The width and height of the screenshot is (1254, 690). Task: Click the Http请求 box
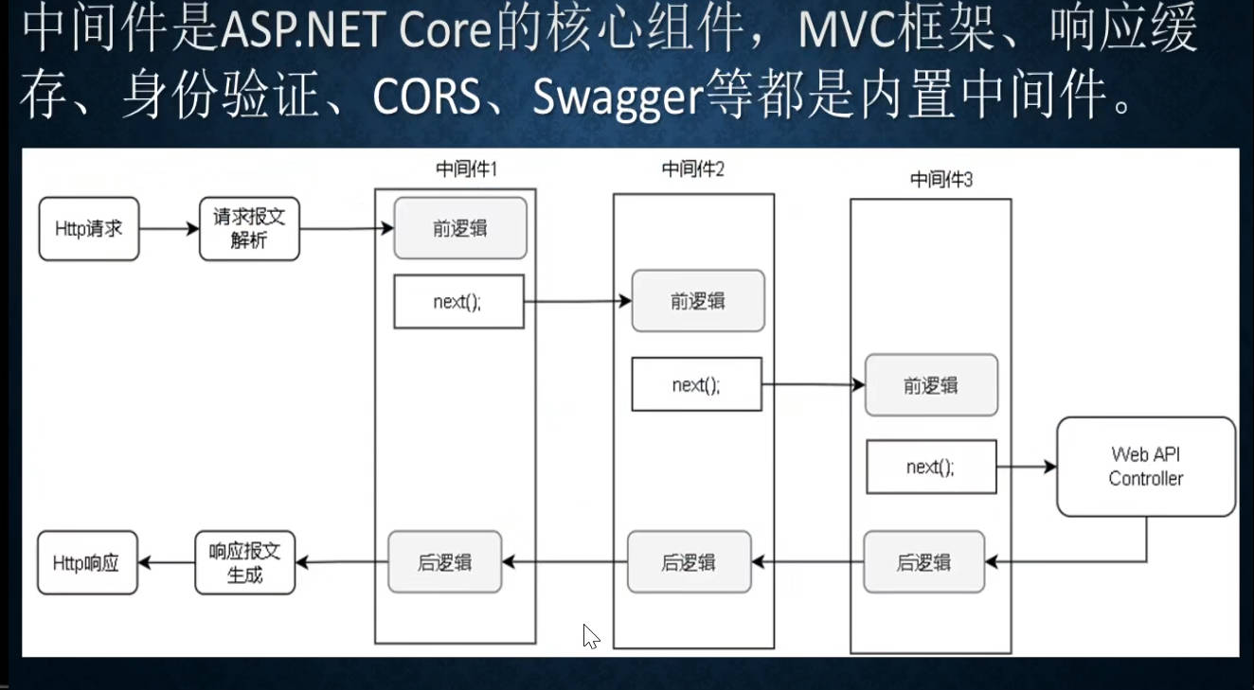(x=89, y=229)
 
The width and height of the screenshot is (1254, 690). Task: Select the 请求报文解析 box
(x=249, y=229)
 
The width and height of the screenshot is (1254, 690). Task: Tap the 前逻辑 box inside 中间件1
(x=460, y=228)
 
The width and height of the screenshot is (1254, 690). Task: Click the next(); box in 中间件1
(x=458, y=302)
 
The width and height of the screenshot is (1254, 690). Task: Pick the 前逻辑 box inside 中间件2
(x=698, y=301)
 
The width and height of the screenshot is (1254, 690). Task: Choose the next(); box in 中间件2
(x=696, y=384)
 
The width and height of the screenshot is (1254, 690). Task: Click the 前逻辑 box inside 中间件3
(x=931, y=384)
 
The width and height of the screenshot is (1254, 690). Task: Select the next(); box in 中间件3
(x=931, y=467)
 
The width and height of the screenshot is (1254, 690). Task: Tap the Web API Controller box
(x=1146, y=467)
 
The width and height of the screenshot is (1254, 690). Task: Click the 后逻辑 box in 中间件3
(x=923, y=562)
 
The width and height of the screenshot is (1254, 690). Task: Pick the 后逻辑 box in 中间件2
(x=689, y=562)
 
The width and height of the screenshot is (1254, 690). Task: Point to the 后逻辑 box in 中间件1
(x=444, y=562)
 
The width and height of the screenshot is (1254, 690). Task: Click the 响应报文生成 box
(x=244, y=563)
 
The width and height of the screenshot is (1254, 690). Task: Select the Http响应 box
(x=87, y=563)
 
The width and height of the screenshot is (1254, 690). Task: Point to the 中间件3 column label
(x=940, y=179)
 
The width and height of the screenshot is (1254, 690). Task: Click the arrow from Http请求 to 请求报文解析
(x=169, y=229)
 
